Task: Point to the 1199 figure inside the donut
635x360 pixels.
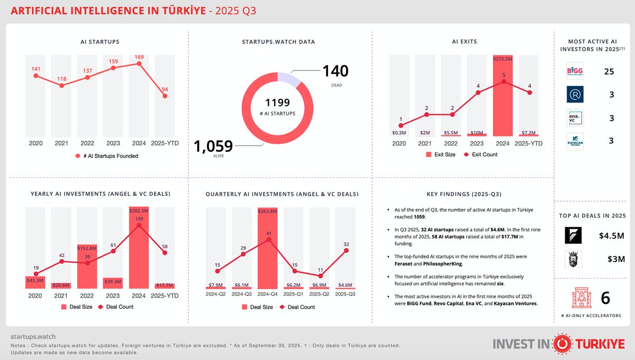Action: pos(278,102)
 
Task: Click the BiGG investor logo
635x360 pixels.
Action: pos(575,71)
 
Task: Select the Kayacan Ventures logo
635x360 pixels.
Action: pos(575,140)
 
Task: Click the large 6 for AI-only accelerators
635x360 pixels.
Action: pos(605,298)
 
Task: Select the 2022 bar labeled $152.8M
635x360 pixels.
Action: pos(87,267)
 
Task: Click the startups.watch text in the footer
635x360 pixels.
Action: pos(33,336)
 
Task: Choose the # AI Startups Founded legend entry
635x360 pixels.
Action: pos(107,156)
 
